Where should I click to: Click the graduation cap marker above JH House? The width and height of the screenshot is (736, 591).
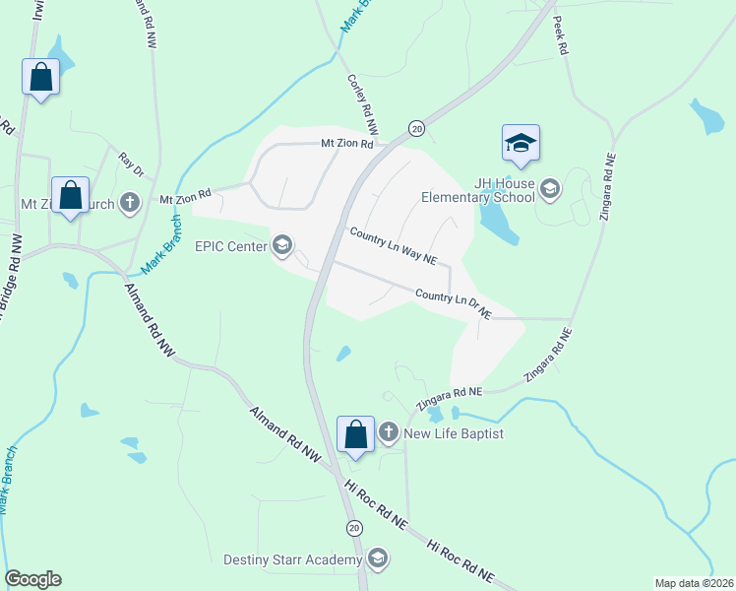[521, 144]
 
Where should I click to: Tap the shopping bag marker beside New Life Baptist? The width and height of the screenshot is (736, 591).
[355, 434]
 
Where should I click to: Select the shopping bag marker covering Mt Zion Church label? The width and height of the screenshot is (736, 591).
[71, 195]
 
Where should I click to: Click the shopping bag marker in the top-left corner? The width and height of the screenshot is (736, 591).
[41, 77]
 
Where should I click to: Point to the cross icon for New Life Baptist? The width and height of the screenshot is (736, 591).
[389, 432]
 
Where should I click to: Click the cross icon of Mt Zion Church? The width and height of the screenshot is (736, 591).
[130, 204]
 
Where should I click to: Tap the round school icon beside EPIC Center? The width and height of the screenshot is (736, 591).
[283, 245]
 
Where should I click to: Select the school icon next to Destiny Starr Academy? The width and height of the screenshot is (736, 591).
[377, 560]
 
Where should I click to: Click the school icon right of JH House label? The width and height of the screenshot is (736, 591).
[549, 189]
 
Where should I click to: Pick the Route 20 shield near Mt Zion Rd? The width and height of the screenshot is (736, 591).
[416, 129]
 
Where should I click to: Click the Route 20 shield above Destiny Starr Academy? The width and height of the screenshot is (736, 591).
[353, 528]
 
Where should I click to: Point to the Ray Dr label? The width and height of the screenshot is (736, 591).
[132, 164]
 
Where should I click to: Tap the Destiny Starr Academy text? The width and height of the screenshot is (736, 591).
[292, 560]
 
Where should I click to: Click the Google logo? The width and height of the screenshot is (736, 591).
[32, 579]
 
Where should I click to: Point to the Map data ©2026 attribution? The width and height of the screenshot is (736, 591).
[693, 583]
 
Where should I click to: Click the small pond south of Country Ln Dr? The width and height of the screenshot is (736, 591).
[343, 353]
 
